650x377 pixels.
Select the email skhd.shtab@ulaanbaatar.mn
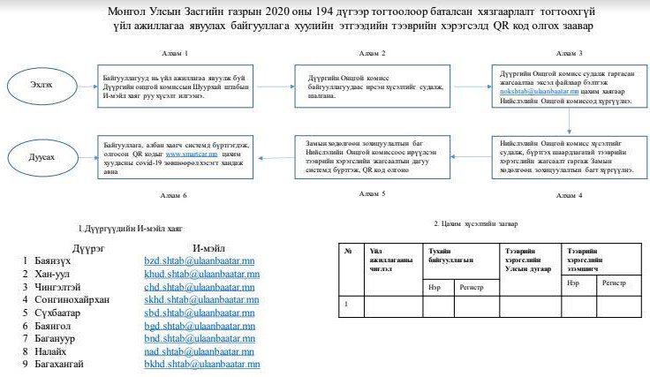[200, 300]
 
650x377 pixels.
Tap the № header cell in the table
[350, 251]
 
